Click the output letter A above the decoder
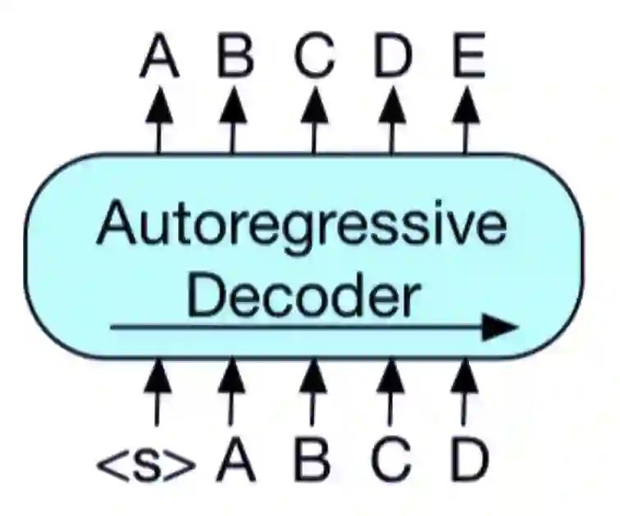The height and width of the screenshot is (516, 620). point(159,58)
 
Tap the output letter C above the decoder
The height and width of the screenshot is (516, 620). point(313,58)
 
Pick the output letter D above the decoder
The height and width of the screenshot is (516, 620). point(390,58)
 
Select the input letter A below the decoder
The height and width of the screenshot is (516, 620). point(235,461)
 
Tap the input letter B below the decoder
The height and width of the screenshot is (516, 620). point(312,461)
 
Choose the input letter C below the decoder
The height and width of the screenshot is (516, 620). point(390,461)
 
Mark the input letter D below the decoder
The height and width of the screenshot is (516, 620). point(468,461)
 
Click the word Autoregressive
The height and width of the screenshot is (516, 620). point(301,225)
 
